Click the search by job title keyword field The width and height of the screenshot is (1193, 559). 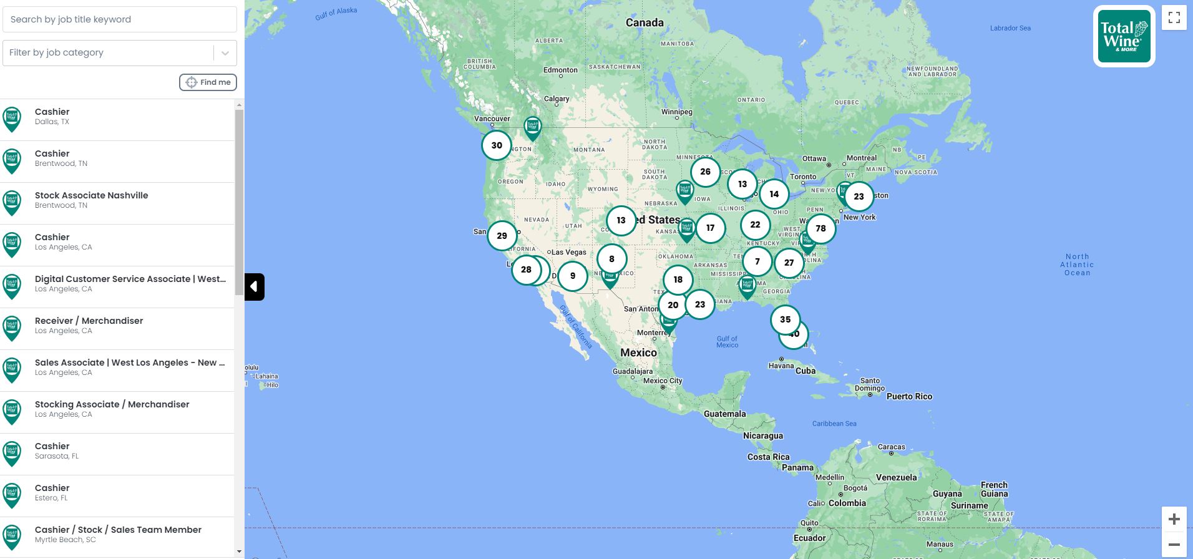coord(119,19)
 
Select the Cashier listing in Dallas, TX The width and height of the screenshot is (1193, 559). coord(117,117)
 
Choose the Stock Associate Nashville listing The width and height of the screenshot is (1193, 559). coord(117,200)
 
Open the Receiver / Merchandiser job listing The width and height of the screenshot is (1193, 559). coord(117,326)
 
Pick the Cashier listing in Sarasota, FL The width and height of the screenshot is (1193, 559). coord(117,451)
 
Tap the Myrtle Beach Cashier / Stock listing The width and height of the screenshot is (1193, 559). coord(117,535)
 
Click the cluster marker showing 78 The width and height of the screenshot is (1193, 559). coord(820,229)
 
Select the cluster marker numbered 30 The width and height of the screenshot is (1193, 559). coord(496,146)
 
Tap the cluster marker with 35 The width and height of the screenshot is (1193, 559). coord(785,319)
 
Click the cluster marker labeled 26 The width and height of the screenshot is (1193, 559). coord(705,172)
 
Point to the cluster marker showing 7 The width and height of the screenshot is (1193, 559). coord(757,262)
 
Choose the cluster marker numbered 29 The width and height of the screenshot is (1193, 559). coord(502,236)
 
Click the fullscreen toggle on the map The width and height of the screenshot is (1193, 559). coord(1174,18)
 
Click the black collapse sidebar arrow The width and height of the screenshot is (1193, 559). coord(255,287)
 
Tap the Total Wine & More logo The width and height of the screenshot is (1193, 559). coord(1124,36)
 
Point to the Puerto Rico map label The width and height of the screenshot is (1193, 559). coord(909,397)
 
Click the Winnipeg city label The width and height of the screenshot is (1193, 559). coord(676,112)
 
